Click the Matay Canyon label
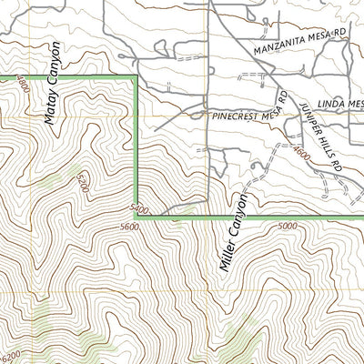[x=51, y=82]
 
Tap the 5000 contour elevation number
[x=288, y=227]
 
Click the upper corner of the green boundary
[x=136, y=78]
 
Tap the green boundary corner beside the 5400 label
[x=136, y=217]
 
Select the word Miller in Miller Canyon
[x=227, y=254]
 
